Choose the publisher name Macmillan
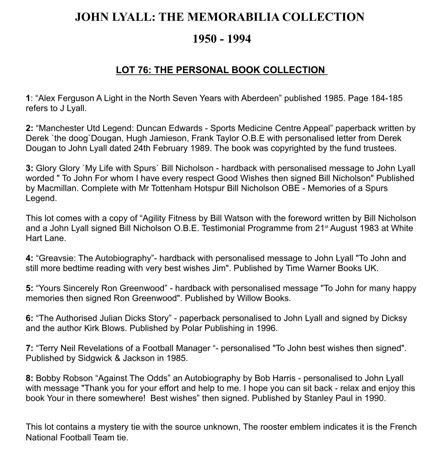pyautogui.click(x=57, y=188)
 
